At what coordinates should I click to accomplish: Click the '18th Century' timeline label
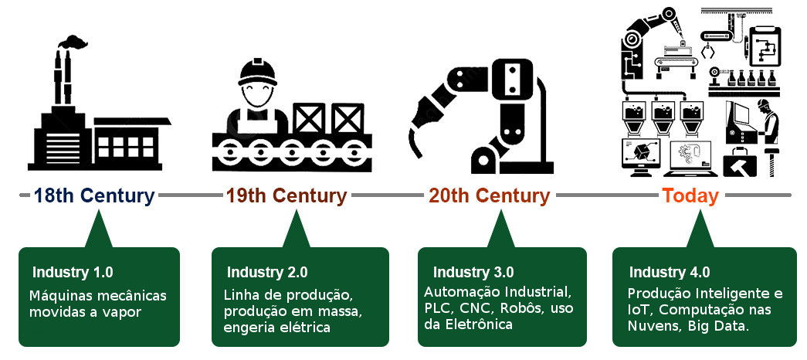coord(94,195)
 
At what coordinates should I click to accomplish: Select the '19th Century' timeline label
coord(287,195)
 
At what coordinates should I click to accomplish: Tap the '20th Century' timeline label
coord(490,195)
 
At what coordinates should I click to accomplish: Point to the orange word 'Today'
coord(690,195)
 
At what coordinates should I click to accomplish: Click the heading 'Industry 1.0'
coord(73,272)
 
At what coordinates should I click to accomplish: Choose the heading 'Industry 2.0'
coord(267,272)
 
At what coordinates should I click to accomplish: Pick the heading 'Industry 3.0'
coord(473,272)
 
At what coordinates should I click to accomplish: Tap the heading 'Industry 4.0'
coord(669,272)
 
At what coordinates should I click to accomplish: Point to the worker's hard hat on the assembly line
coord(257,71)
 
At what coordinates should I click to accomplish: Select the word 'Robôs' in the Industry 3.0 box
coord(524,308)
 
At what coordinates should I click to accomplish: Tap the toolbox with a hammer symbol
coord(740,163)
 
